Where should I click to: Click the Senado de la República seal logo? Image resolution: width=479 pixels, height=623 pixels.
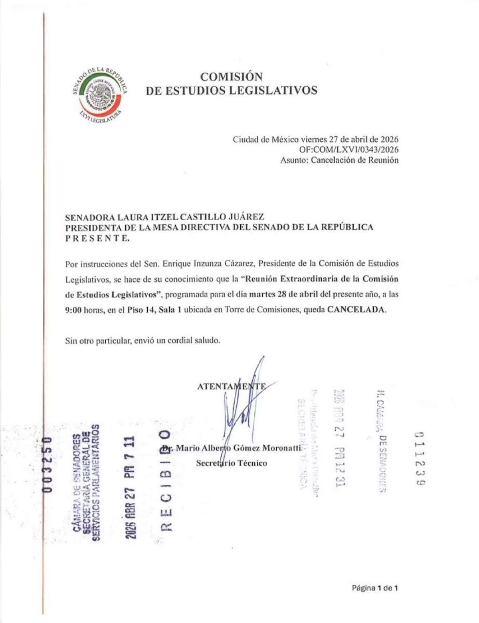point(101,95)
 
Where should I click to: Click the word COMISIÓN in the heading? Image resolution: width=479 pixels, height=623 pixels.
point(231,76)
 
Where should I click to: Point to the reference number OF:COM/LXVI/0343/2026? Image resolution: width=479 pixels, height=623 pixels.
point(348,150)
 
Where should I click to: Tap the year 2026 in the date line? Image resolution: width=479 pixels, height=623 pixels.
point(389,139)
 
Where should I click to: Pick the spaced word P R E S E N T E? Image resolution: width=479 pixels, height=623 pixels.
point(97,238)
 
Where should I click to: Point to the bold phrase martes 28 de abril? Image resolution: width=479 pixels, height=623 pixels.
point(283,295)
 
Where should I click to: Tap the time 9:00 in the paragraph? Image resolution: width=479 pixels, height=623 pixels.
point(73,310)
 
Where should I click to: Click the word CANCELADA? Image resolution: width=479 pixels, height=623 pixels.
point(356,310)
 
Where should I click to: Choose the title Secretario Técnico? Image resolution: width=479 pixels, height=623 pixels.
point(231,463)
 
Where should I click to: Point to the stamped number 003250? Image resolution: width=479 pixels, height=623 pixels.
point(48,465)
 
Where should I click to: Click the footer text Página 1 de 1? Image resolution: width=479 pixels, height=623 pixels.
point(375,587)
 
